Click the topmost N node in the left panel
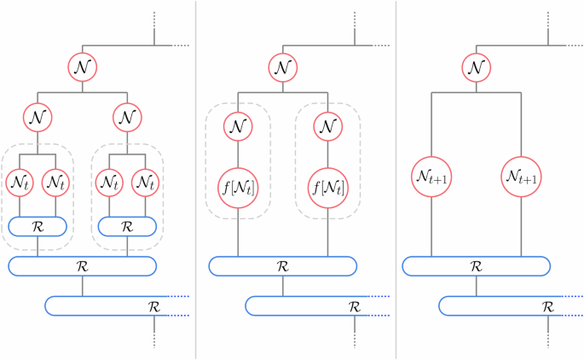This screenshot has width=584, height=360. tap(82, 67)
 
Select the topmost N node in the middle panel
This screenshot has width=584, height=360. tap(283, 67)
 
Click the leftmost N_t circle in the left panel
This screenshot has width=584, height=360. tap(20, 182)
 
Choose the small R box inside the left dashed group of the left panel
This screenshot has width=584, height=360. tap(38, 226)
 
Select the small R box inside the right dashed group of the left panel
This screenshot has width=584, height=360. tap(128, 226)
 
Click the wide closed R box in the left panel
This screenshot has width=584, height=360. tap(82, 265)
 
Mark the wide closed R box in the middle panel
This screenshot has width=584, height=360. tap(283, 265)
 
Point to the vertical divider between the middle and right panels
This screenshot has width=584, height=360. tap(396, 180)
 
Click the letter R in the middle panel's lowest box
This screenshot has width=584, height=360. tap(353, 305)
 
